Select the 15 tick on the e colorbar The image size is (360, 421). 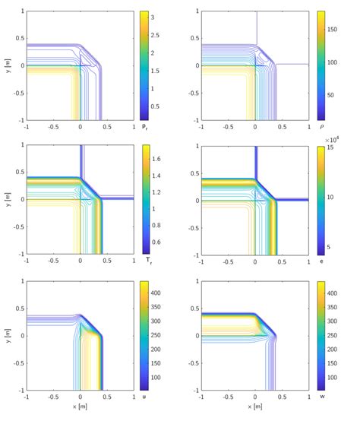coord(330,147)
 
